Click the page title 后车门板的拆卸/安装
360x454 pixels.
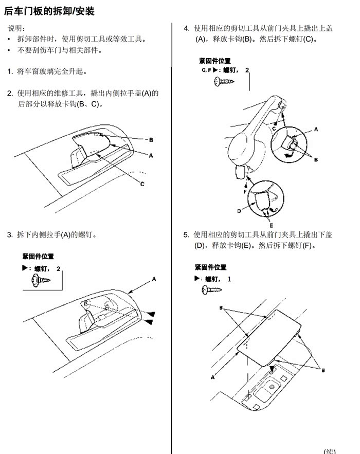[x=49, y=11]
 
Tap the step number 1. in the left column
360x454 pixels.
[x=10, y=71]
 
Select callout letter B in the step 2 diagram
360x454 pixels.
[x=151, y=140]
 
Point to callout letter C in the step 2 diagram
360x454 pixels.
[x=142, y=184]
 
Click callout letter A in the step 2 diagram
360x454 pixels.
[x=151, y=156]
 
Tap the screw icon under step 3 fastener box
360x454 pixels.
[x=41, y=280]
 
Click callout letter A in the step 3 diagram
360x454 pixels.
[x=154, y=279]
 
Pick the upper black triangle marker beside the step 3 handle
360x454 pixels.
[x=151, y=314]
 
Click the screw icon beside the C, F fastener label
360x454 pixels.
[x=224, y=82]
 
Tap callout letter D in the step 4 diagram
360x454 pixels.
[x=239, y=211]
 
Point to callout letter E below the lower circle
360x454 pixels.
[x=271, y=226]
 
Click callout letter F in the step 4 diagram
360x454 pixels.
[x=245, y=192]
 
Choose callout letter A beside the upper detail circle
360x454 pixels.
[x=316, y=129]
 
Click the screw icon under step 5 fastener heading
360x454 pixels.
[x=212, y=290]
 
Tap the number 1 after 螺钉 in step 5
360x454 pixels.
[x=229, y=279]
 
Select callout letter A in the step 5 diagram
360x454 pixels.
[x=212, y=377]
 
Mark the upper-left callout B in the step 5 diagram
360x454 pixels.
[x=221, y=307]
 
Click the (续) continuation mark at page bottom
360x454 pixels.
[x=330, y=451]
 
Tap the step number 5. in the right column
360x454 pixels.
[x=186, y=235]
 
